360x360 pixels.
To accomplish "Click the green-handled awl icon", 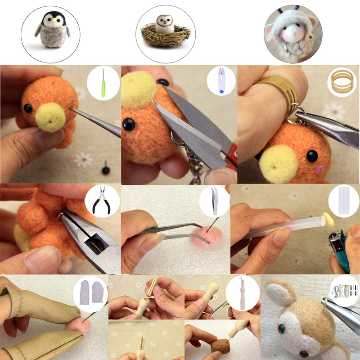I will coord(103,81).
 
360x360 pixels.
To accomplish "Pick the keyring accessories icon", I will coord(344,291).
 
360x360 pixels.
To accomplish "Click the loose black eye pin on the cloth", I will coord(106,168).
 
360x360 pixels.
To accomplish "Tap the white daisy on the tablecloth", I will coord(83,159).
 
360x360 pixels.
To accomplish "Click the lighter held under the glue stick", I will coord(342,252).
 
